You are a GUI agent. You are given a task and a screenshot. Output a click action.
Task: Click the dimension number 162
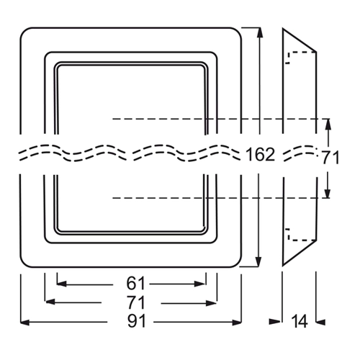(x=261, y=154)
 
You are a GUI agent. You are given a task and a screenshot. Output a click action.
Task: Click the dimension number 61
(x=135, y=284)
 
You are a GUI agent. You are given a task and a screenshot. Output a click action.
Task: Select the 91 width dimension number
(x=137, y=321)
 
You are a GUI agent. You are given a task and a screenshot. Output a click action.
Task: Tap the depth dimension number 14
(x=300, y=321)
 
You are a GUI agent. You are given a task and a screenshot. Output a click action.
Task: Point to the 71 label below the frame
(x=136, y=302)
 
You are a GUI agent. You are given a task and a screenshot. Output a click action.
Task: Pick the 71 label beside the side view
(x=330, y=158)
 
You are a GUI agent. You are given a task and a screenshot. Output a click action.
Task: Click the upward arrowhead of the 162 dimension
(x=259, y=32)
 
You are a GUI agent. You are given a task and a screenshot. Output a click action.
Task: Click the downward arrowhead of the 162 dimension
(x=258, y=261)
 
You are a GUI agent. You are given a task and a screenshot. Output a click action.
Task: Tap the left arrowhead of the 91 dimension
(x=24, y=323)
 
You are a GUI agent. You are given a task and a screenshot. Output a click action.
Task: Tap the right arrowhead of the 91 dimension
(x=237, y=323)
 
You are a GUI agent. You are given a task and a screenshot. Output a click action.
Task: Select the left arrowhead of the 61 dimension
(x=62, y=284)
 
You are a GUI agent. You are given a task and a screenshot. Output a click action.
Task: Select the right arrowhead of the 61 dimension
(x=200, y=284)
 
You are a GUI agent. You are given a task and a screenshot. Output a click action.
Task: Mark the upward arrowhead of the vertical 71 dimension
(x=328, y=124)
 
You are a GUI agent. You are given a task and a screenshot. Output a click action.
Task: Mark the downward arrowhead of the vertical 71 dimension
(x=328, y=193)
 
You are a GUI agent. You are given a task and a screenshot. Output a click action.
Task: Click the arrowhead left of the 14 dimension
(x=275, y=322)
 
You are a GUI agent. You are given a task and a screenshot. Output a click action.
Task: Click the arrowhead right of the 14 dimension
(x=320, y=322)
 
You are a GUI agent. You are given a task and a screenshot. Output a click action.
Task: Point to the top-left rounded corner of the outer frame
(x=23, y=31)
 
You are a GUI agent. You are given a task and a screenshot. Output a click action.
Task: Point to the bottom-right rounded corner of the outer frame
(x=238, y=264)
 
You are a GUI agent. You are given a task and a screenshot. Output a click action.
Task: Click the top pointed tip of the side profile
(x=283, y=29)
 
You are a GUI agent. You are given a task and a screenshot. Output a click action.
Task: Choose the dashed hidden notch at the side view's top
(x=300, y=57)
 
